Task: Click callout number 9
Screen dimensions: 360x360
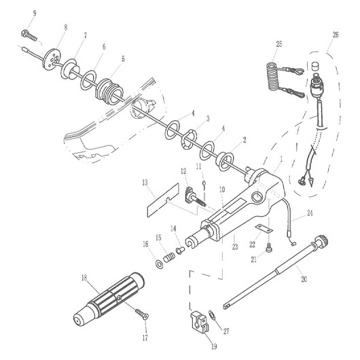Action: pyautogui.click(x=35, y=13)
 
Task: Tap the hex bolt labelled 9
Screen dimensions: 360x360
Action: pyautogui.click(x=29, y=35)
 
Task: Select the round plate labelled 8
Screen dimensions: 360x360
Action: pyautogui.click(x=51, y=59)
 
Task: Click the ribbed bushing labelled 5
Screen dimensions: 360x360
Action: pyautogui.click(x=109, y=92)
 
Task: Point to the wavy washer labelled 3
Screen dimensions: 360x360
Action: pyautogui.click(x=189, y=139)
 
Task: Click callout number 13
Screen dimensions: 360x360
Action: pyautogui.click(x=145, y=183)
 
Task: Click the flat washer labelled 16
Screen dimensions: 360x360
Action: pyautogui.click(x=159, y=264)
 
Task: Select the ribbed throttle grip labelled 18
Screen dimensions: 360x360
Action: pyautogui.click(x=109, y=298)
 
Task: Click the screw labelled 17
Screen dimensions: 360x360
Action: pyautogui.click(x=142, y=314)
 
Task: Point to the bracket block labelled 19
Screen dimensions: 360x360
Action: pyautogui.click(x=200, y=321)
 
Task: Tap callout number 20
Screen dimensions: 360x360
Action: pyautogui.click(x=304, y=279)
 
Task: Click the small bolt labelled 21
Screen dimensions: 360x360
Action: pyautogui.click(x=269, y=249)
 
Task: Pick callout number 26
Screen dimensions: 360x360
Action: pyautogui.click(x=336, y=35)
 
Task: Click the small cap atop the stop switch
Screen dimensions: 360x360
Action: pyautogui.click(x=316, y=66)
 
